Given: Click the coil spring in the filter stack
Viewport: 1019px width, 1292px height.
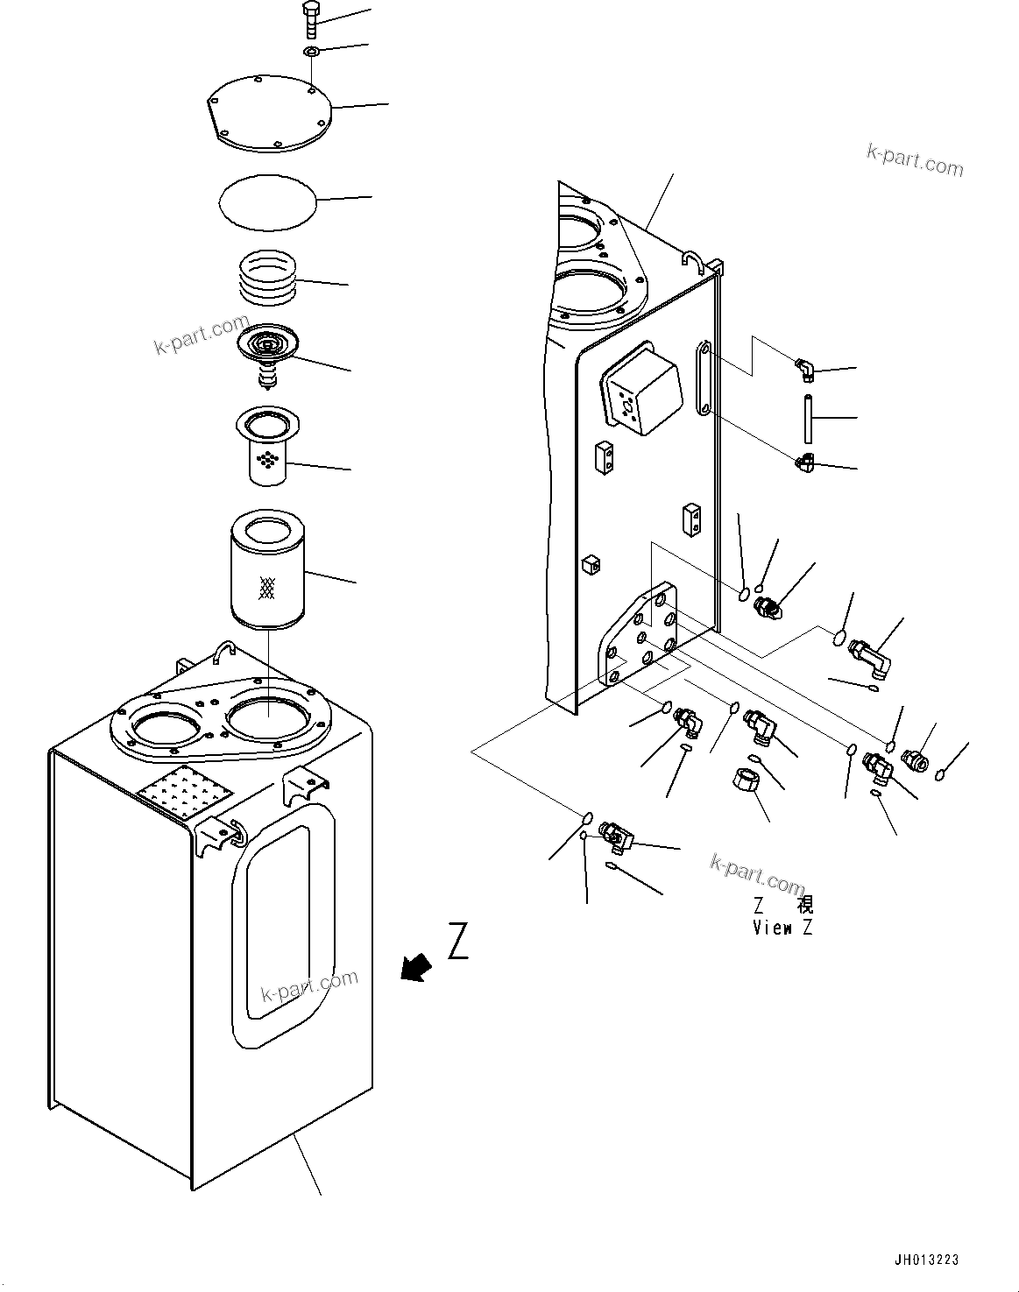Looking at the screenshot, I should click(x=268, y=278).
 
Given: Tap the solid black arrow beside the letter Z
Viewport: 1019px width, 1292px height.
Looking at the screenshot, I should click(x=416, y=966).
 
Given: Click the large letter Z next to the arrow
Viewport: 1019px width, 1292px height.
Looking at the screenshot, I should click(x=457, y=940).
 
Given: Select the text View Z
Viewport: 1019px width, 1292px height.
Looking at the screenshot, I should click(x=782, y=928).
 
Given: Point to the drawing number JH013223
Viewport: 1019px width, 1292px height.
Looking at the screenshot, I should click(x=926, y=1260).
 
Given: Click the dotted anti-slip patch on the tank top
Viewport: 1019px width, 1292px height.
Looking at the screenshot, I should click(x=185, y=794).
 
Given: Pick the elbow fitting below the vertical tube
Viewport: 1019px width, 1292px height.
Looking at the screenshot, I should click(x=804, y=462).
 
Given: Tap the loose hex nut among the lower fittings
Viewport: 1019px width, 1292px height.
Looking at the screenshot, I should click(x=746, y=779).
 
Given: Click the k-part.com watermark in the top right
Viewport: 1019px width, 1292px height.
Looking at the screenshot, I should click(x=914, y=159).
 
